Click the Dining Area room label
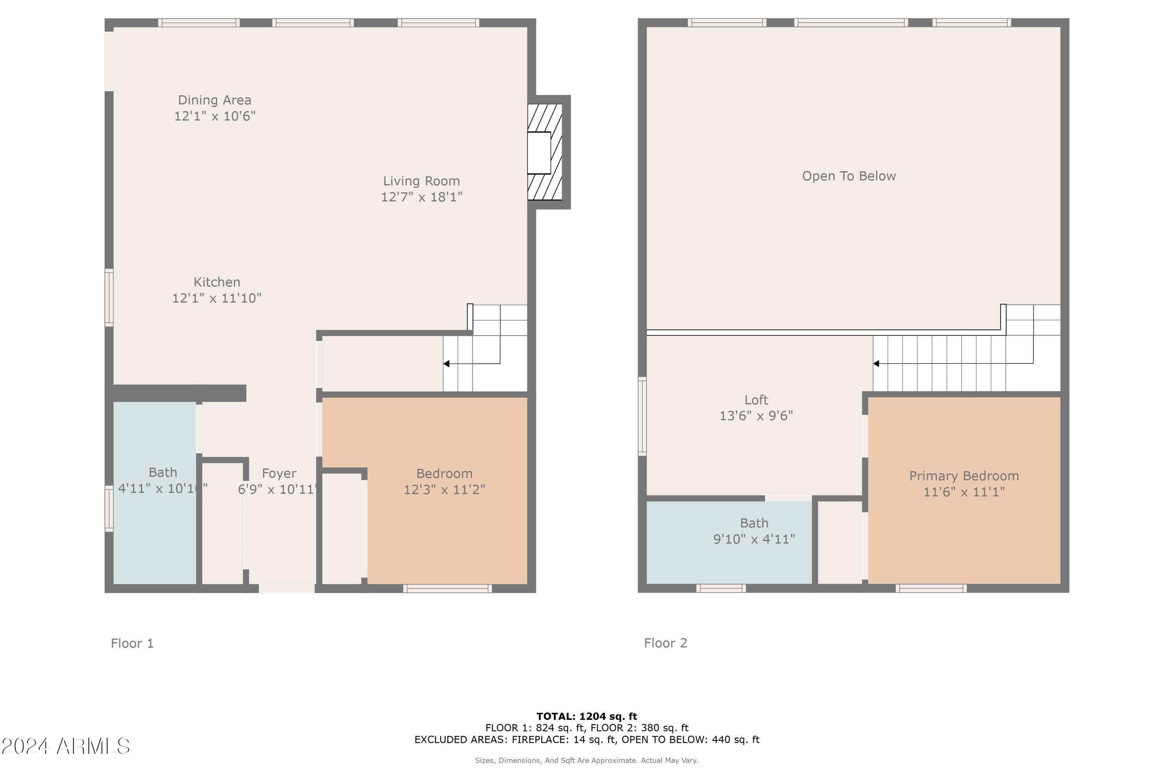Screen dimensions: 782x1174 click(x=214, y=100)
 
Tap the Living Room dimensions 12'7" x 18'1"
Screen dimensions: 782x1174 click(x=422, y=197)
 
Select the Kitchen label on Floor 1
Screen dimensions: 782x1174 click(x=217, y=282)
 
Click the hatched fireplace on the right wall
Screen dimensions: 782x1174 click(x=545, y=152)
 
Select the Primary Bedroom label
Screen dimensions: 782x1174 click(x=964, y=476)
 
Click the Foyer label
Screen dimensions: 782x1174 click(x=279, y=473)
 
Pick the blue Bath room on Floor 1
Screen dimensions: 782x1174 click(x=155, y=539)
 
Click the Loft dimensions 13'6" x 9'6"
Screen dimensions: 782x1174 click(x=756, y=416)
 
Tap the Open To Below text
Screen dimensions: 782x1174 click(x=848, y=176)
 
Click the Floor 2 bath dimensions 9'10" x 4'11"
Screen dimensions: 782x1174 click(x=754, y=539)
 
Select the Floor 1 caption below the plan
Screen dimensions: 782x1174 click(x=132, y=643)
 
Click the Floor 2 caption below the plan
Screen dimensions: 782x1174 click(x=665, y=643)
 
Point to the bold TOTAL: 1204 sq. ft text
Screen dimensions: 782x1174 click(x=587, y=717)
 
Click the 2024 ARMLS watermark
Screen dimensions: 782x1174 click(x=65, y=746)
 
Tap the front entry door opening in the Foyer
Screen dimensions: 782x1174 click(x=286, y=588)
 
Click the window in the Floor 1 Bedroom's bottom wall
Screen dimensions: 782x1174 click(x=447, y=588)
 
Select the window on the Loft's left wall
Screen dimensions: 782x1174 click(x=643, y=416)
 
